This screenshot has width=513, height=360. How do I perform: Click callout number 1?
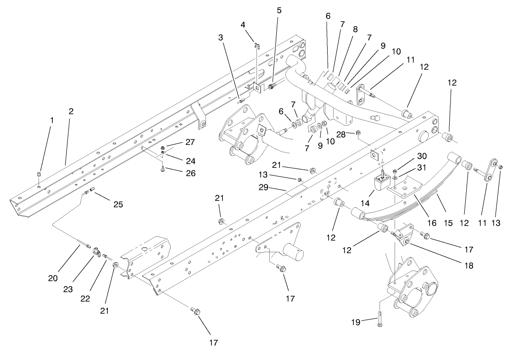(x=52, y=120)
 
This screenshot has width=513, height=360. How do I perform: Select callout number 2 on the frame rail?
(x=71, y=111)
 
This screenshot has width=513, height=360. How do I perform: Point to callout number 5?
(x=279, y=10)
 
